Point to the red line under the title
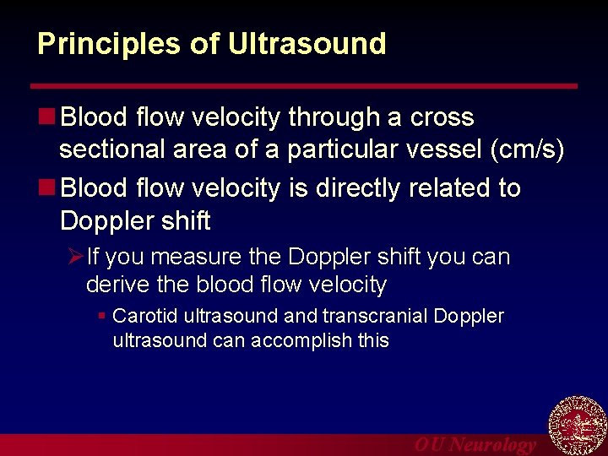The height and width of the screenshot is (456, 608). tap(304, 86)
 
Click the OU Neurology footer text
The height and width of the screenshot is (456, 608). tap(475, 445)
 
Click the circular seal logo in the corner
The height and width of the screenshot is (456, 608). tap(578, 426)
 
